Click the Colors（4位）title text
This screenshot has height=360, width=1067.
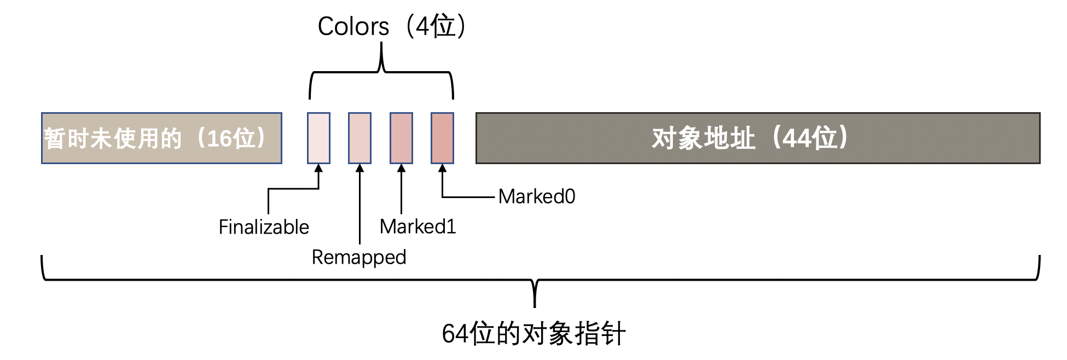(392, 26)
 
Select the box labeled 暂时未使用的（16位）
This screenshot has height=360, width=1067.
(161, 138)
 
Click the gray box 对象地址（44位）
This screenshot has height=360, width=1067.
(757, 138)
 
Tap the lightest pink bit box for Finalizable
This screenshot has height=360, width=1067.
(318, 138)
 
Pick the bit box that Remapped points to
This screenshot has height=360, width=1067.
(359, 138)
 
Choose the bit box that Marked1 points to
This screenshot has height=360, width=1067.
(401, 138)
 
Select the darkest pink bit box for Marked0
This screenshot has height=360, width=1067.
(442, 138)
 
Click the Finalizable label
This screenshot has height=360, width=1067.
(264, 227)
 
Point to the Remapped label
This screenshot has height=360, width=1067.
(359, 257)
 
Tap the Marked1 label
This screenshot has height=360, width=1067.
(417, 227)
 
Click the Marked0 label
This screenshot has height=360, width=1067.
(537, 196)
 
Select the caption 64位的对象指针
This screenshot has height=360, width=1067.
(533, 333)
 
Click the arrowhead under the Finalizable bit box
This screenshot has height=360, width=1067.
(318, 168)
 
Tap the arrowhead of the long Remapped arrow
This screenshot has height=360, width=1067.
(359, 168)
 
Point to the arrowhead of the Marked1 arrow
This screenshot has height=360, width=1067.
(401, 168)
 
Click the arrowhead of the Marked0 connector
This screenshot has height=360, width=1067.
(442, 168)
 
